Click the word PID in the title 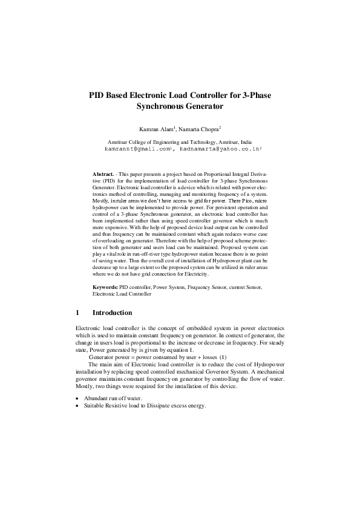pos(97,95)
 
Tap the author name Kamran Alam pos(156,129)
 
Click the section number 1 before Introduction pos(77,313)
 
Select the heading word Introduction pos(112,313)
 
